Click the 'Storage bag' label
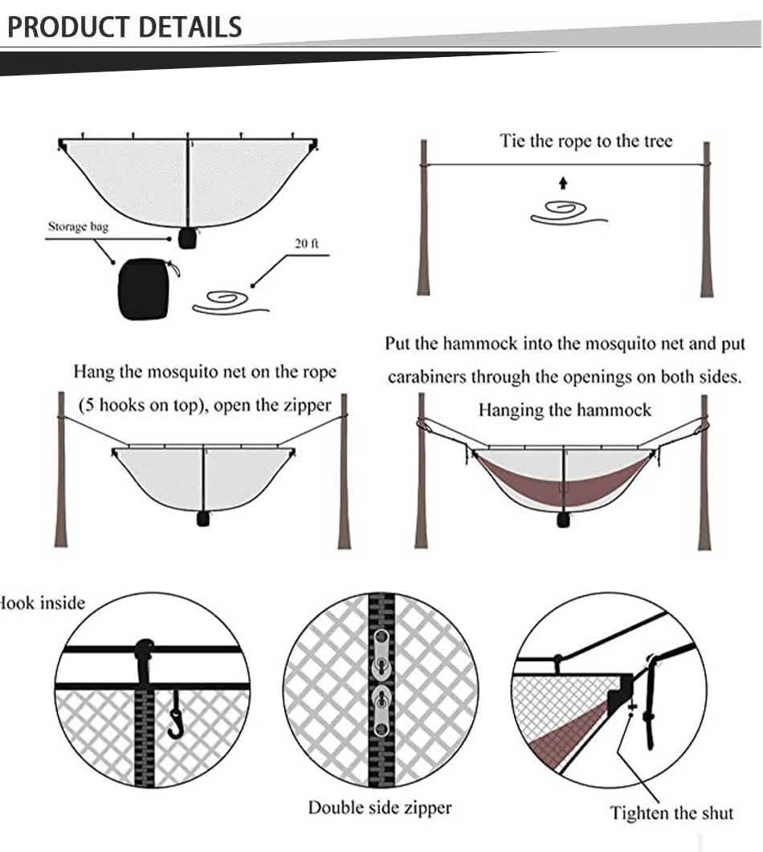point(78,226)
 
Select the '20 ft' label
point(306,243)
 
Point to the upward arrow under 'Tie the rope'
point(563,182)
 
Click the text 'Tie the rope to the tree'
point(586,141)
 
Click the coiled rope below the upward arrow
point(567,212)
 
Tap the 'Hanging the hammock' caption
point(565,410)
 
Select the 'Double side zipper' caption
point(380,807)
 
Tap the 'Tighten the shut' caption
point(671,813)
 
